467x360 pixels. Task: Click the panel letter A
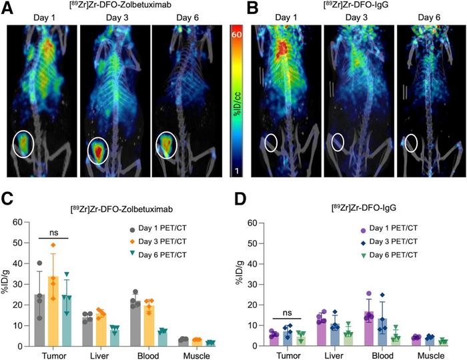[7, 8]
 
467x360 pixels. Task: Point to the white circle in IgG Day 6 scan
[412, 143]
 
